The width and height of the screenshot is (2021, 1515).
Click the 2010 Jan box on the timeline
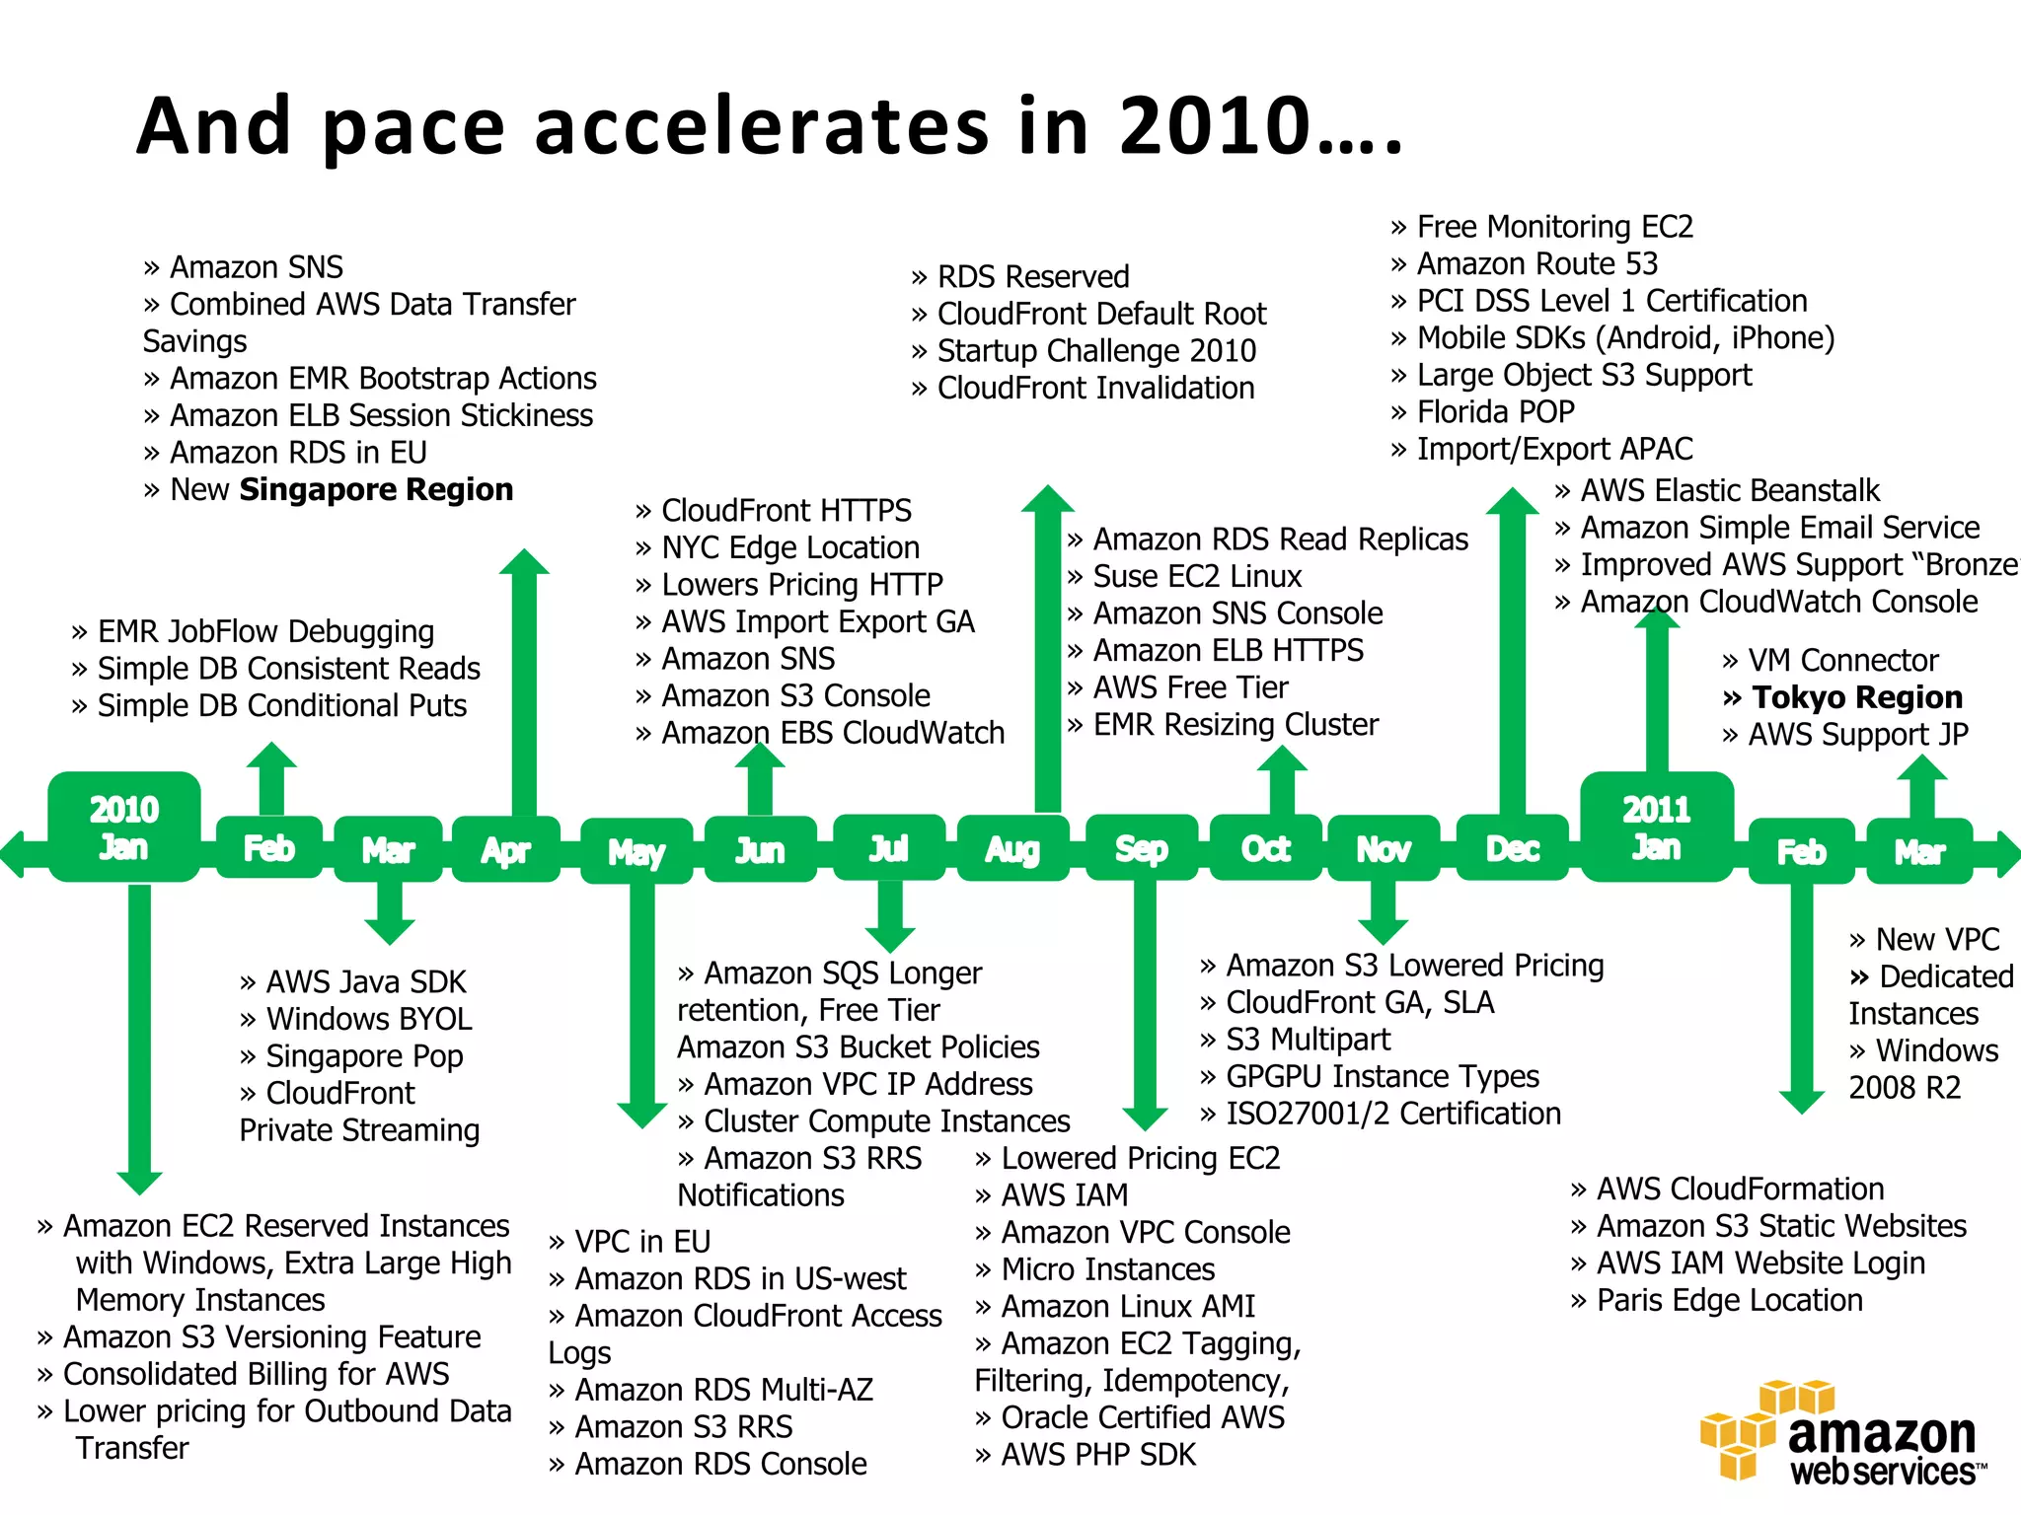click(x=124, y=828)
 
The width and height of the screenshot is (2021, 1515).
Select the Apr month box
click(x=506, y=849)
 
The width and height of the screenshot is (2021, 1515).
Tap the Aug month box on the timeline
click(x=1012, y=848)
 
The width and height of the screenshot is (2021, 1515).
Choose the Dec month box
click(x=1512, y=848)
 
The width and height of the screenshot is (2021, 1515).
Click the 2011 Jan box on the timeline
click(x=1657, y=828)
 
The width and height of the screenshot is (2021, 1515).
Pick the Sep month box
click(x=1142, y=848)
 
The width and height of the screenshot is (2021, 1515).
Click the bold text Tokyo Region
click(x=1856, y=697)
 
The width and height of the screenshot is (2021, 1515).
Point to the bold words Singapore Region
click(x=376, y=489)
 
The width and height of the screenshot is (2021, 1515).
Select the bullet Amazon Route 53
click(x=1536, y=263)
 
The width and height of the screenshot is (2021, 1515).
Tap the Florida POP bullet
click(x=1495, y=411)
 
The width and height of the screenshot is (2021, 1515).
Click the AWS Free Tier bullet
click(x=1190, y=687)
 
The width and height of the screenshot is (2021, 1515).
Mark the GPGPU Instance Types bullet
click(x=1382, y=1076)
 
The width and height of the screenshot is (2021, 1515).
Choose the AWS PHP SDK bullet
click(x=1097, y=1455)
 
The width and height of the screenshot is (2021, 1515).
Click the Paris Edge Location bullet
click(x=1729, y=1301)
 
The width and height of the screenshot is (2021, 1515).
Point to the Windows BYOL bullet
click(x=368, y=1019)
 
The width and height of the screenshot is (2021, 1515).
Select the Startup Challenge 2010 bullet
click(x=1095, y=350)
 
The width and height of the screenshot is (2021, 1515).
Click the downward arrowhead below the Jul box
click(x=890, y=936)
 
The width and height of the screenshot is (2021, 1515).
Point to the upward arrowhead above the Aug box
click(x=1047, y=499)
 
